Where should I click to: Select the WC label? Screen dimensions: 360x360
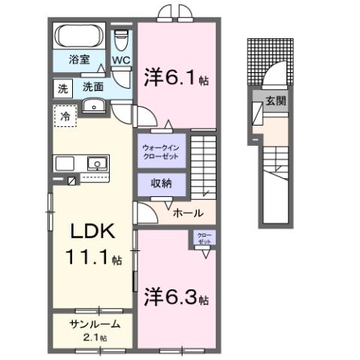(x=122, y=59)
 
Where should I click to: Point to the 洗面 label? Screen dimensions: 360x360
(x=93, y=86)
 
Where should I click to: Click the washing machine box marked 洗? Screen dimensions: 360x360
(x=62, y=87)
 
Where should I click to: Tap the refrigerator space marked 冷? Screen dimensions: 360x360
(x=65, y=116)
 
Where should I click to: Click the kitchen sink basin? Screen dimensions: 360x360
(x=95, y=163)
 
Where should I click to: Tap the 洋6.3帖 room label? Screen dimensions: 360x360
(x=175, y=297)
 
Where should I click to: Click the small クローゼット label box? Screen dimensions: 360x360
(x=204, y=239)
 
